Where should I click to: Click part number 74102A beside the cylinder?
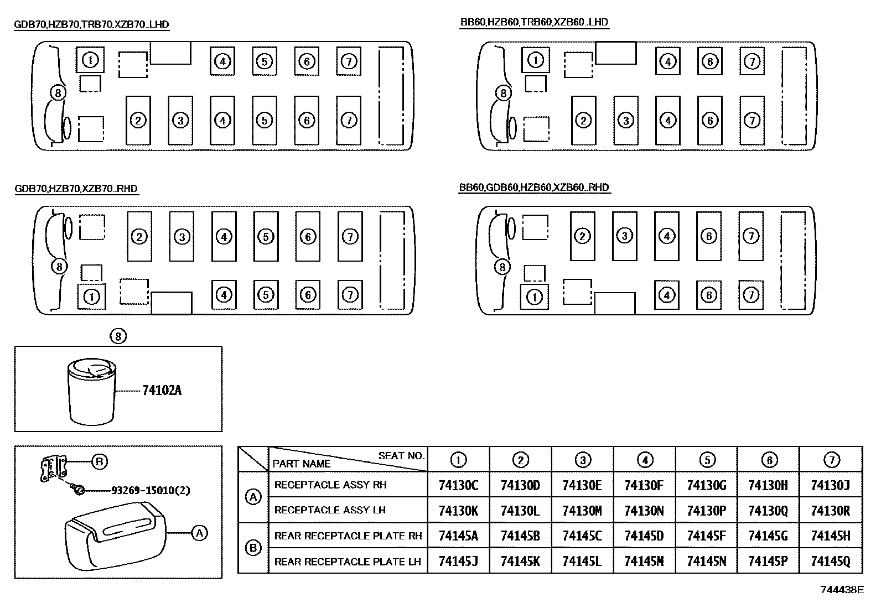162,391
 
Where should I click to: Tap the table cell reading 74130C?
458,485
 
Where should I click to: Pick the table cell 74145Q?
830,562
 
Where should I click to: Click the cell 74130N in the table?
644,511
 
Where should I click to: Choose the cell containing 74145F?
706,536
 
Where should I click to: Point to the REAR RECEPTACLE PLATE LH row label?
348,562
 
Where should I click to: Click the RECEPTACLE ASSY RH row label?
330,485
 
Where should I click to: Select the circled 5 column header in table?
707,460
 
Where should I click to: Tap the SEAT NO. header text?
401,456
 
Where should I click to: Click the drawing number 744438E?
841,590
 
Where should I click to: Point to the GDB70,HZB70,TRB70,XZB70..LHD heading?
91,24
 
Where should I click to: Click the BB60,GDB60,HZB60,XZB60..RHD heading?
534,188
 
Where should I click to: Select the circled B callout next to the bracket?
99,461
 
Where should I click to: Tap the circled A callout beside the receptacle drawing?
199,533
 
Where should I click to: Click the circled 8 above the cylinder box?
118,335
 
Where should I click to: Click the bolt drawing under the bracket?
79,489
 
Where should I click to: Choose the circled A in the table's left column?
253,497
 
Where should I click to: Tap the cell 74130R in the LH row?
830,511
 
